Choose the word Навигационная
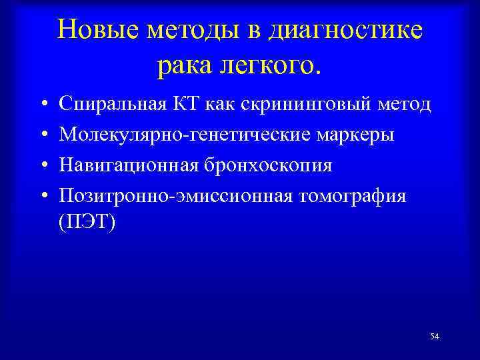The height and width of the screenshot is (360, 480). (x=127, y=165)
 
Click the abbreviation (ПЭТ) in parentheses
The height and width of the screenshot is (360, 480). (x=87, y=221)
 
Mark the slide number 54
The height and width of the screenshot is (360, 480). (x=435, y=337)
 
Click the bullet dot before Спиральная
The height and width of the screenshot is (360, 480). (x=42, y=105)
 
